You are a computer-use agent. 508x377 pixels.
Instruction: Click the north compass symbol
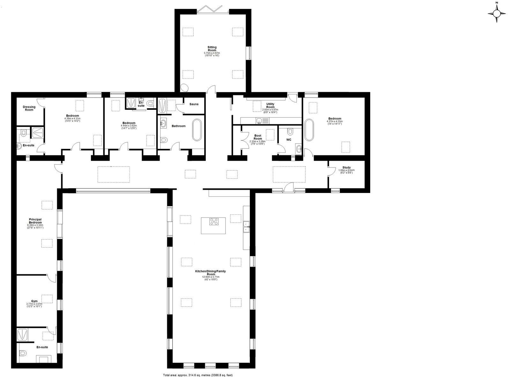(x=497, y=13)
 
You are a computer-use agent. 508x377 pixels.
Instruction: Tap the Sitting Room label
(x=212, y=48)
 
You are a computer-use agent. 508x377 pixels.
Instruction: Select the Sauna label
(x=194, y=104)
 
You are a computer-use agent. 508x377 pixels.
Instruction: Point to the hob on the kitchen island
(x=213, y=221)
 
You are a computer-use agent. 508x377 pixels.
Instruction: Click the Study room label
(x=347, y=167)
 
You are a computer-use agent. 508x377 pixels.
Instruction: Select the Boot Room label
(x=258, y=137)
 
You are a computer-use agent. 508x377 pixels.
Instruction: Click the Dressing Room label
(x=29, y=108)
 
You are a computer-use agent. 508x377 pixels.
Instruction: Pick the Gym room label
(x=34, y=301)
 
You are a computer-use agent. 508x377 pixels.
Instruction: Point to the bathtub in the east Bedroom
(x=309, y=130)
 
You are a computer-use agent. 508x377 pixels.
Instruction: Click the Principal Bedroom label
(x=35, y=221)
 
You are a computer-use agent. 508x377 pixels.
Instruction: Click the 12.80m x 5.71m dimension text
(x=211, y=277)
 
